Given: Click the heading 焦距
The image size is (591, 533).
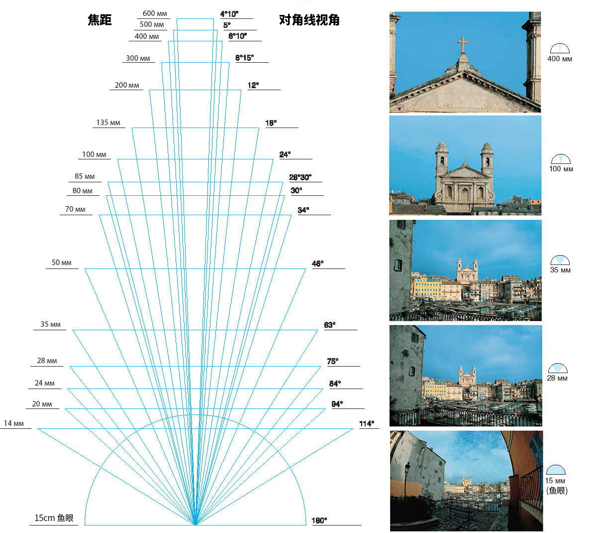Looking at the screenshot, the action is pyautogui.click(x=99, y=19).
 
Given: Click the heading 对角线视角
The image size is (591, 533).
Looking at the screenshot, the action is pyautogui.click(x=309, y=19).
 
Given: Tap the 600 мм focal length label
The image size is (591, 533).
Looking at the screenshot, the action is pyautogui.click(x=155, y=13).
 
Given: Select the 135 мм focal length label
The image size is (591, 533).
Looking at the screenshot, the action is pyautogui.click(x=108, y=123).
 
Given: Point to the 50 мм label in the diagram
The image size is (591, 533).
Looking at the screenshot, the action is pyautogui.click(x=61, y=263).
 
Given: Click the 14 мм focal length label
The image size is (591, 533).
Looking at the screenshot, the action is pyautogui.click(x=13, y=423).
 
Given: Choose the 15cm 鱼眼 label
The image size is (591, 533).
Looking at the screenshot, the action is pyautogui.click(x=54, y=518).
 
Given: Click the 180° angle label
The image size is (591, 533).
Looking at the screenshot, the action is pyautogui.click(x=319, y=521).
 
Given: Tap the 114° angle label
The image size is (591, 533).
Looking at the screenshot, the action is pyautogui.click(x=366, y=423).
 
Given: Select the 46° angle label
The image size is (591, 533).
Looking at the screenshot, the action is pyautogui.click(x=317, y=263).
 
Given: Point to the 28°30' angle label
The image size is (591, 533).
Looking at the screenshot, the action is pyautogui.click(x=300, y=177).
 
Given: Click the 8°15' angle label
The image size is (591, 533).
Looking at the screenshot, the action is pyautogui.click(x=244, y=58).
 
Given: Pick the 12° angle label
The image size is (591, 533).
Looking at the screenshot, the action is pyautogui.click(x=253, y=85).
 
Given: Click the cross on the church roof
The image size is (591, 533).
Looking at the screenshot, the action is pyautogui.click(x=463, y=45).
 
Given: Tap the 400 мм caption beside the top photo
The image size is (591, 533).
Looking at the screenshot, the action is pyautogui.click(x=560, y=58).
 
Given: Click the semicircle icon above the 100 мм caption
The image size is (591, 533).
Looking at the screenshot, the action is pyautogui.click(x=561, y=159).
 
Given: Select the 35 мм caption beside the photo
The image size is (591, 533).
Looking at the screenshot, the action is pyautogui.click(x=560, y=270).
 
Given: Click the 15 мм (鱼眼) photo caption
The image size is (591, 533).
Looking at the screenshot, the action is pyautogui.click(x=556, y=486).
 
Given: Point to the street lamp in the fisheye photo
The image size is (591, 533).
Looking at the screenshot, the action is pyautogui.click(x=407, y=479).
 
